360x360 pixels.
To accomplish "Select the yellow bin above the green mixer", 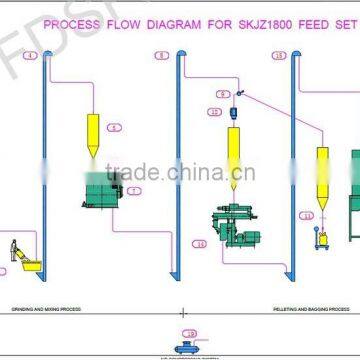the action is coord(92,130).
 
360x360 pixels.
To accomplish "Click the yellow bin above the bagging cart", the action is coord(322,170).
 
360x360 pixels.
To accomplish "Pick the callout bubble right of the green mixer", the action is coord(134,189).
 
